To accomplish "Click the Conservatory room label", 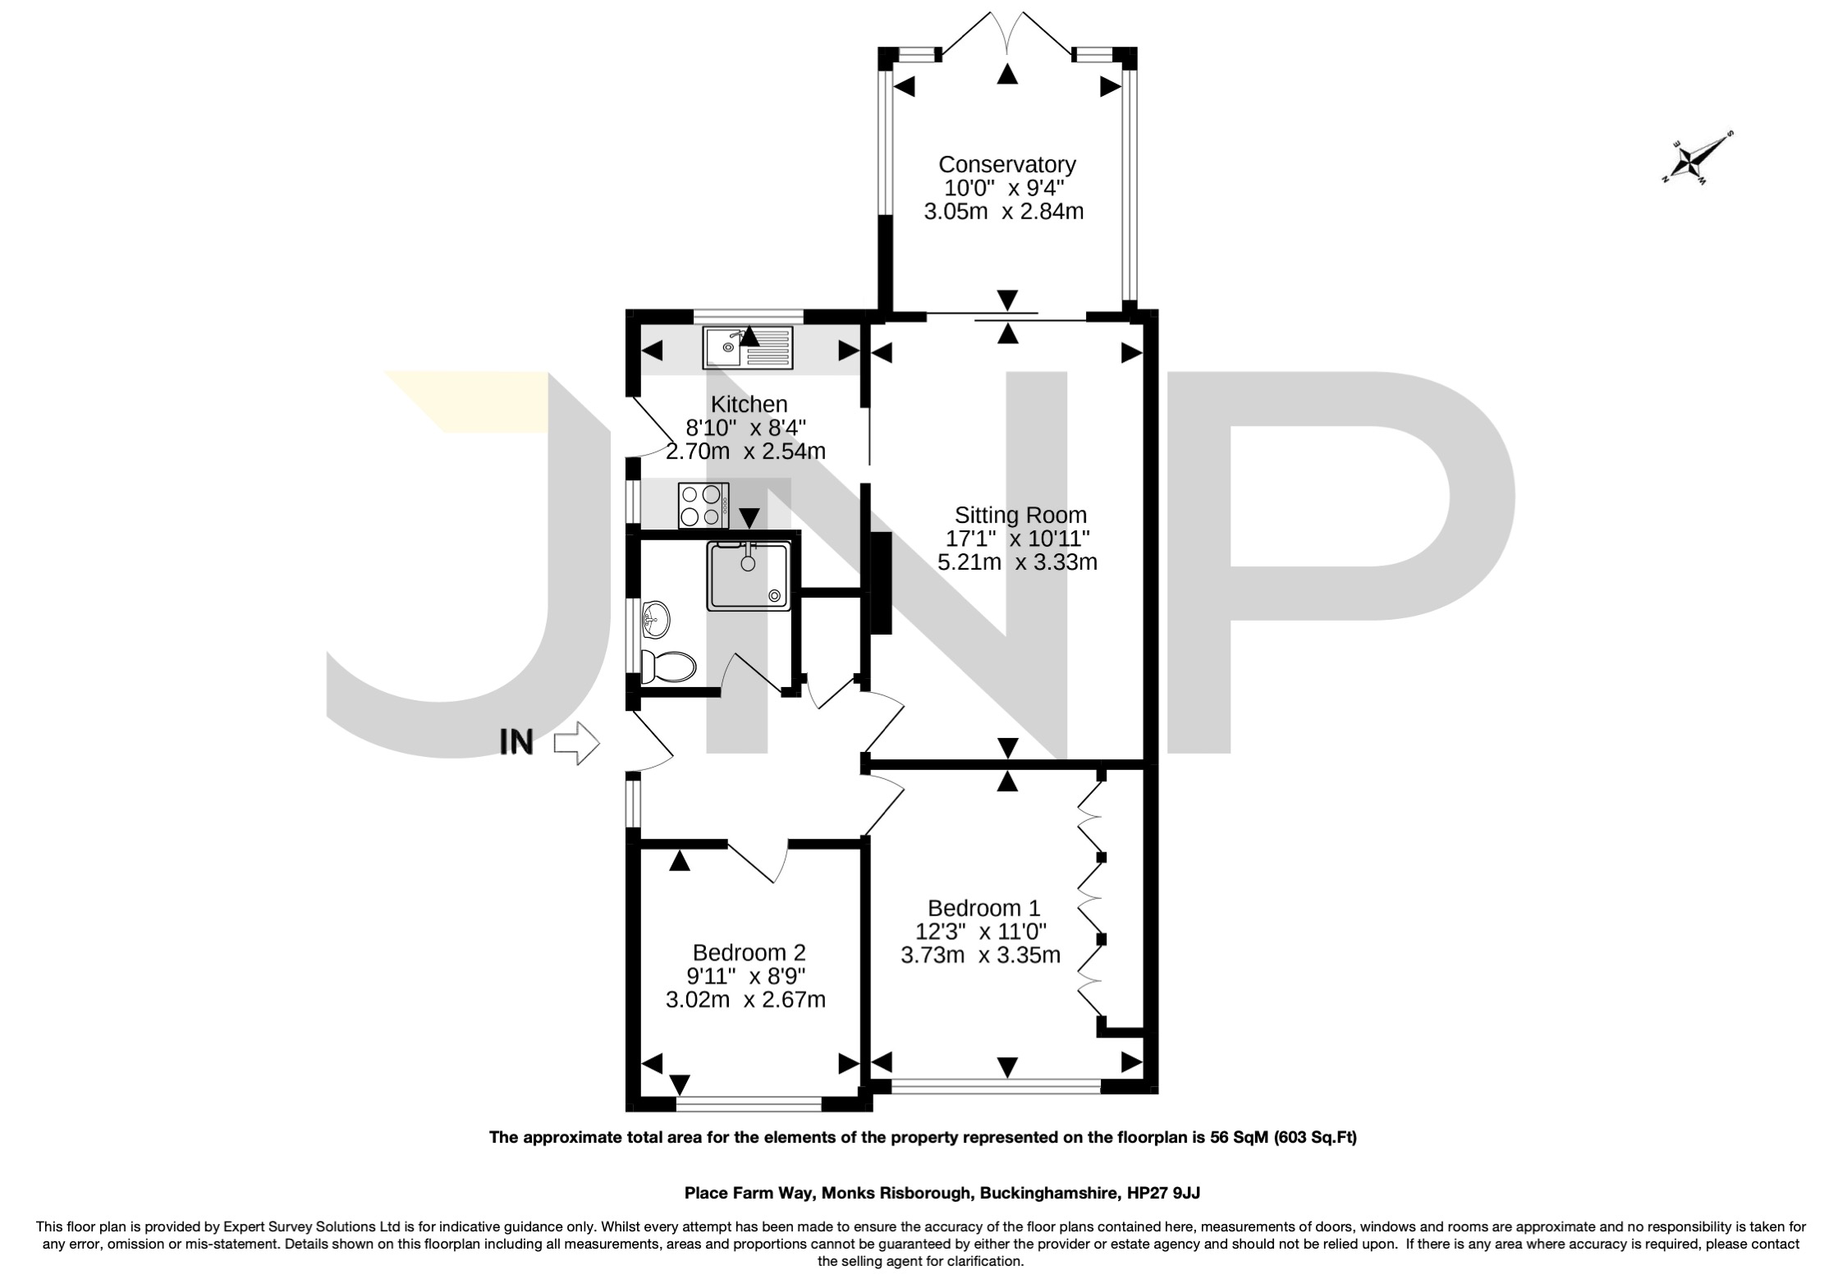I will click(1006, 164).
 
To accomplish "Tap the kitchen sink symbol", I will click(748, 347).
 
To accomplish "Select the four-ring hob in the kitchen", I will click(703, 506).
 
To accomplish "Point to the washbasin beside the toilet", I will click(656, 618).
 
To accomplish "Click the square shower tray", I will click(749, 575).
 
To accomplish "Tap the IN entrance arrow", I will click(577, 743).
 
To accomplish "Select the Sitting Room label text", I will click(1020, 516).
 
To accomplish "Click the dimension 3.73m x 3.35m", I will click(980, 955).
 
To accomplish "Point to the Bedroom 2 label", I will click(749, 952).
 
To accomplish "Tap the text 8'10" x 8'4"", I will click(746, 428).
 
